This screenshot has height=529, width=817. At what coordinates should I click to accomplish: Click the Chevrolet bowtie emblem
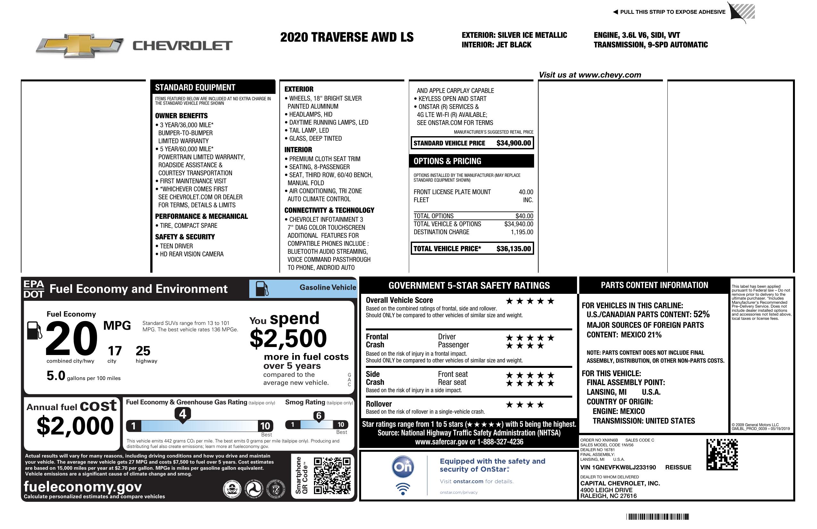pyautogui.click(x=80, y=45)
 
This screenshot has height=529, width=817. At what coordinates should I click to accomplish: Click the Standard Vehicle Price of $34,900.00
pyautogui.click(x=513, y=143)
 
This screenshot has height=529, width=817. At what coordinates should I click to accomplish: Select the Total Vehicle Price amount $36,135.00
pyautogui.click(x=513, y=249)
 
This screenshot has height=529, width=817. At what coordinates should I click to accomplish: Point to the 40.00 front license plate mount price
pyautogui.click(x=526, y=192)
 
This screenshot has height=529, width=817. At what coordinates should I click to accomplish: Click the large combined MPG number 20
pyautogui.click(x=71, y=338)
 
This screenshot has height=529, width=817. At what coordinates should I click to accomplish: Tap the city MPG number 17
pyautogui.click(x=115, y=351)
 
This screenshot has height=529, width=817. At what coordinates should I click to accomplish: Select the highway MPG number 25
pyautogui.click(x=143, y=351)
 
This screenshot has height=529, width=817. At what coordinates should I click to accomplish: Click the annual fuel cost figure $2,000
pyautogui.click(x=75, y=426)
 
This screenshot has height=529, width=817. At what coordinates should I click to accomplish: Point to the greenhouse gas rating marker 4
pyautogui.click(x=183, y=414)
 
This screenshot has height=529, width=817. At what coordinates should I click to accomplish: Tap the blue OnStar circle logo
pyautogui.click(x=403, y=467)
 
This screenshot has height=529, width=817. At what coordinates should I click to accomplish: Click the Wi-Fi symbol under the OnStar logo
pyautogui.click(x=403, y=488)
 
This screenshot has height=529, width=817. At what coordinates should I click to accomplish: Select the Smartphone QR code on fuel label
pyautogui.click(x=332, y=475)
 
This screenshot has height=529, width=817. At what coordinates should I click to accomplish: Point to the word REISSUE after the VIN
pyautogui.click(x=678, y=467)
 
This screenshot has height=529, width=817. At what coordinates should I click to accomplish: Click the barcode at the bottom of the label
pyautogui.click(x=657, y=517)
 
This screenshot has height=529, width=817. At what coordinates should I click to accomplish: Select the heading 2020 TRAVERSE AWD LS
pyautogui.click(x=347, y=37)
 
